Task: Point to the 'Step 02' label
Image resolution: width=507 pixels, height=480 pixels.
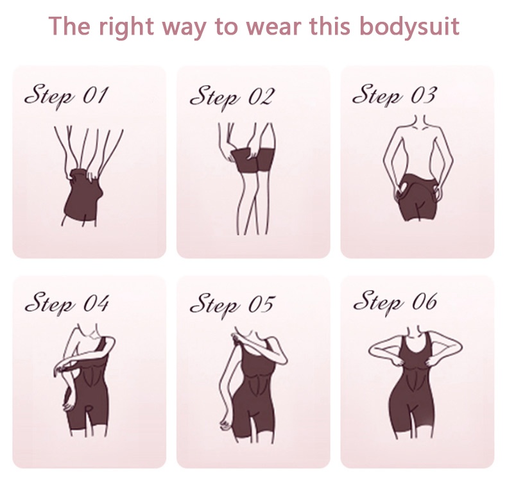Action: point(231,97)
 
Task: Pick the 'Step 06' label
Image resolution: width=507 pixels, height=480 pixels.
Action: point(394,301)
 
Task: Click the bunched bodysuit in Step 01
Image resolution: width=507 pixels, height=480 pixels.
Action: point(83,195)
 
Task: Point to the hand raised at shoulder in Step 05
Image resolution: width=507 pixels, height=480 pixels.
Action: point(239,336)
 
